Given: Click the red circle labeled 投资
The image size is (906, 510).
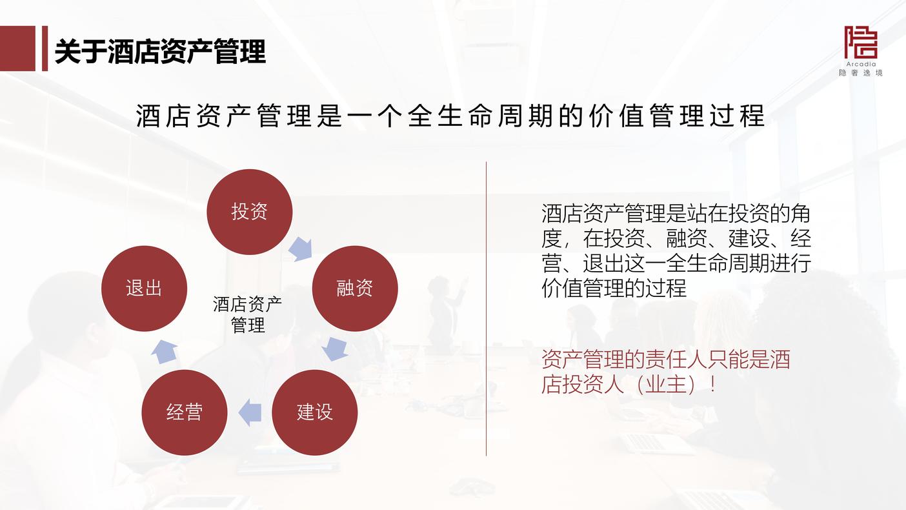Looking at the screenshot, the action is pos(250,212).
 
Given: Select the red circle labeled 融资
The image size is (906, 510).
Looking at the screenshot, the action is pos(355,289).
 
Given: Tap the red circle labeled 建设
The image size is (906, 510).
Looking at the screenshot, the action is pos(315,413).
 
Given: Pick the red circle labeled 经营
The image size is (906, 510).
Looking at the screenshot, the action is pos(185,413).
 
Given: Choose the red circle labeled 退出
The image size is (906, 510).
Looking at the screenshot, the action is pos(144,289).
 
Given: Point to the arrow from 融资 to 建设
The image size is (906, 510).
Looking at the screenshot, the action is pos(336,349).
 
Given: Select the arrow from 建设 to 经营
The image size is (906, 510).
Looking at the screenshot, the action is pos(250,413).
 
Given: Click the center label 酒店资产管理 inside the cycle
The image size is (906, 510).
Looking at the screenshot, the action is pos(248,314).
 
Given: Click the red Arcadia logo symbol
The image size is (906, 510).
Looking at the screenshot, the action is pos(860,43).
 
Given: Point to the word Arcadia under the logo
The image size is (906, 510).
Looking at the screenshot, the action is pos(861,64).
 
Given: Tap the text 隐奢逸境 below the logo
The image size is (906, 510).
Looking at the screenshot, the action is pos(860,73).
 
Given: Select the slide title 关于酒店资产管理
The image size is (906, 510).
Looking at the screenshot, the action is pos(160,52).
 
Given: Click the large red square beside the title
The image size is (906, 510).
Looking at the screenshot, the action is pos(18,48).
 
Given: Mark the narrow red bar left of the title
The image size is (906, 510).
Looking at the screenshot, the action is pos(45,48).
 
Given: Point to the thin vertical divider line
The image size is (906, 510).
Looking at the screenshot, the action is pos(486,309).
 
